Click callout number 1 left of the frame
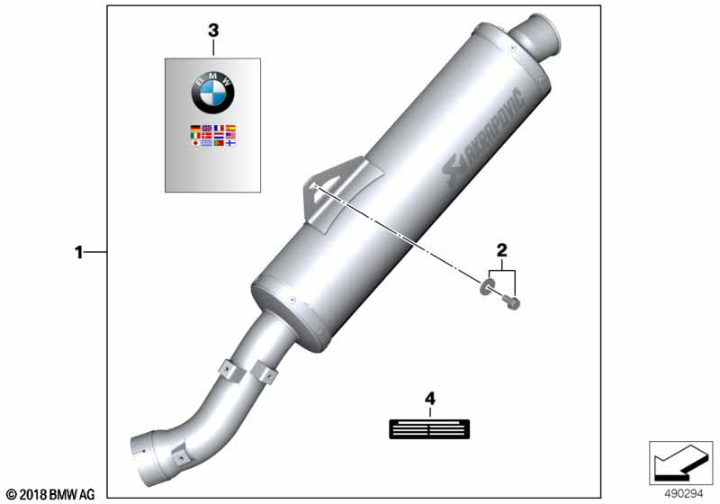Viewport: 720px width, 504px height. pos(79,252)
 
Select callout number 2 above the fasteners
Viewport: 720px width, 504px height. pos(502,250)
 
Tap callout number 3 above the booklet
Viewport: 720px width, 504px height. pos(213,31)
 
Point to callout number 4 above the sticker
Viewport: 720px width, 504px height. pos(430,399)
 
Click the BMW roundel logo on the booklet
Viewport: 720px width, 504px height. pos(212,93)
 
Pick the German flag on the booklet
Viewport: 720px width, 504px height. pos(195,129)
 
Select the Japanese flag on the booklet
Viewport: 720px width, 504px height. pos(195,143)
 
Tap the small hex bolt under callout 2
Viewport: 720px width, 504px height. pos(511,302)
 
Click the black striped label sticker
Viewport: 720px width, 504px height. pos(429,429)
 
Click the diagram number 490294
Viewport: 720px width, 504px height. pos(684,494)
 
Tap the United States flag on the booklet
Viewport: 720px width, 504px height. pos(230,136)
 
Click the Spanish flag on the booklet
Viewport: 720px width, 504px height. pos(230,129)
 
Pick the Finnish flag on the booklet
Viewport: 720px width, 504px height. pos(230,143)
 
